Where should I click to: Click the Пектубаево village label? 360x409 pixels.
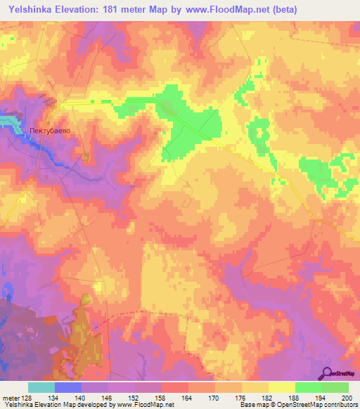[51, 130]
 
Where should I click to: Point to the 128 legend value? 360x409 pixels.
[26, 397]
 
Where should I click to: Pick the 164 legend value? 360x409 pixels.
[188, 397]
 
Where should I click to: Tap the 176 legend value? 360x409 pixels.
[243, 397]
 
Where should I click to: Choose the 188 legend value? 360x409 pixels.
[295, 397]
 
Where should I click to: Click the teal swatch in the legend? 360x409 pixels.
[41, 387]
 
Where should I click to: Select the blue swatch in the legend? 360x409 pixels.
[68, 387]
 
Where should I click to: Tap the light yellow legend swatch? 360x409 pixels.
[282, 387]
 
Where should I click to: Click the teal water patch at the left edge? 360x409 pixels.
[8, 120]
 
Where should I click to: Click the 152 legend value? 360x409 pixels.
[136, 397]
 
